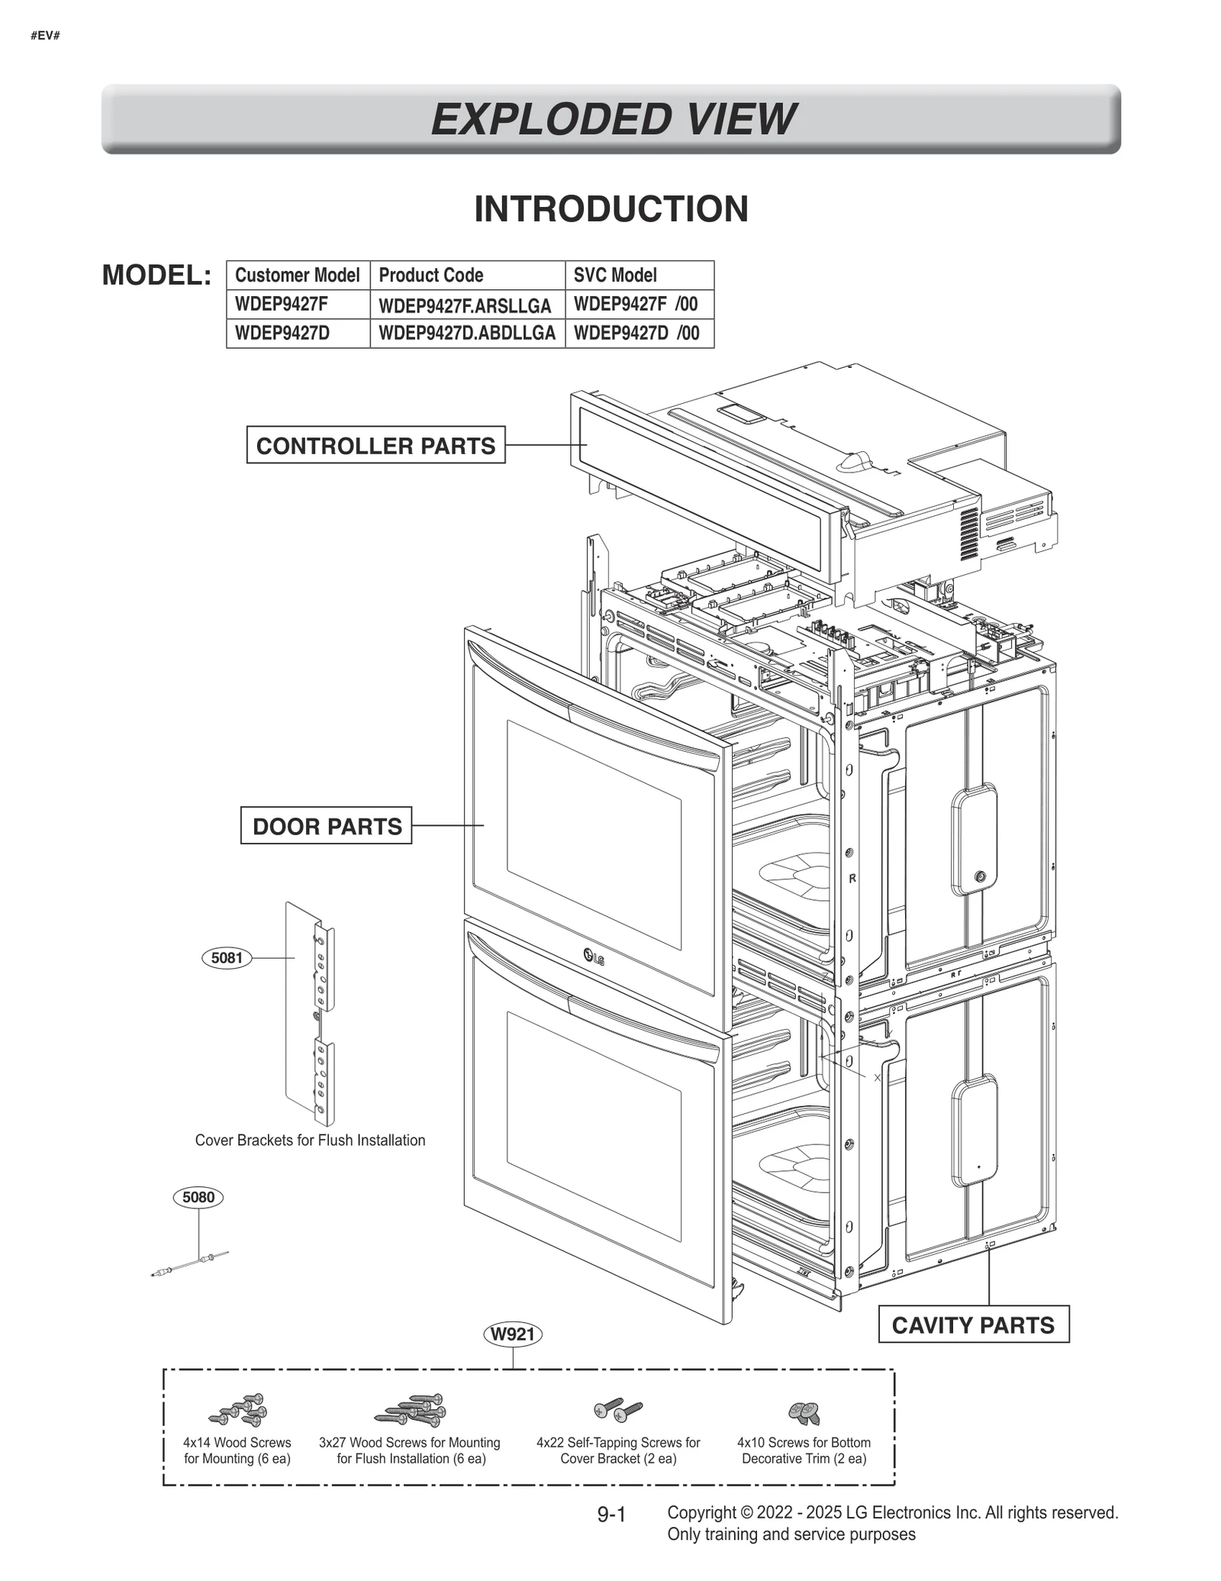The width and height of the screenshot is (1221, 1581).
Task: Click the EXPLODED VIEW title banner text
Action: tap(612, 120)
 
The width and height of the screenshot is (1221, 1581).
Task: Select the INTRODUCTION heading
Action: tap(611, 209)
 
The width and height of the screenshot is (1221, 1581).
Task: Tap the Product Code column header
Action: tap(431, 275)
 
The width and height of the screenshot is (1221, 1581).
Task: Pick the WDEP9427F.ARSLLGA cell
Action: tap(465, 305)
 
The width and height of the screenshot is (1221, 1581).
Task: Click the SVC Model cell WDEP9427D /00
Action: tap(636, 334)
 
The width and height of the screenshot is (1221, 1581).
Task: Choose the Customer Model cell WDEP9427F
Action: tap(282, 304)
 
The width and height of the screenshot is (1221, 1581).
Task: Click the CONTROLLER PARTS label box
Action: tap(375, 446)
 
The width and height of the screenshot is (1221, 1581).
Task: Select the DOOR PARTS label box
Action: tap(327, 826)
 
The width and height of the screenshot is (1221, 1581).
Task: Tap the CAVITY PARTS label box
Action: tap(972, 1324)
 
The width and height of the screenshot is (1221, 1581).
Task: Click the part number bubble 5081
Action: tap(227, 957)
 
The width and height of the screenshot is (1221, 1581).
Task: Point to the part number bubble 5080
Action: tap(198, 1197)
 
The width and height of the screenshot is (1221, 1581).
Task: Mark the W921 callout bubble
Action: tap(513, 1334)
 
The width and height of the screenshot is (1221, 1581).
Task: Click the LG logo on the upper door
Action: tap(593, 957)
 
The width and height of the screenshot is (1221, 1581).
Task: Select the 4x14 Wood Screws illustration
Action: tap(240, 1410)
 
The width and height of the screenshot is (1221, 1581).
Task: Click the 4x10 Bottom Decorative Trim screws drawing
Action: tap(804, 1412)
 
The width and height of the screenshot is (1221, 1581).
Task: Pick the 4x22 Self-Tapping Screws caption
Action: tap(618, 1450)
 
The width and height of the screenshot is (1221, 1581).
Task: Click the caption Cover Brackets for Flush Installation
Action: tap(310, 1141)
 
